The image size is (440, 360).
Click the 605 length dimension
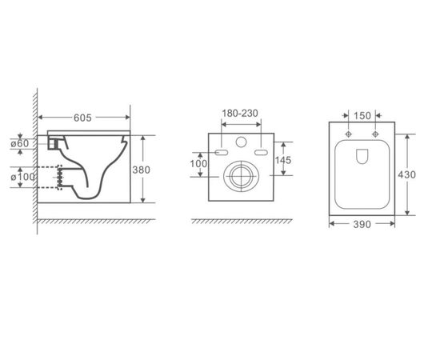82,118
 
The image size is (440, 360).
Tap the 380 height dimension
141,170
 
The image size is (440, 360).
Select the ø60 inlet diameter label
20,144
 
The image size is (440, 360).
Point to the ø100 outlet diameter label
23,177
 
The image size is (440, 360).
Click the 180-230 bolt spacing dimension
240,114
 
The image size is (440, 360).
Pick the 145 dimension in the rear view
283,160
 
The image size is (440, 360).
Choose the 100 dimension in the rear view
198,163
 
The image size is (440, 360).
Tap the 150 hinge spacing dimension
362,116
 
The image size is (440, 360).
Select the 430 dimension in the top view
406,175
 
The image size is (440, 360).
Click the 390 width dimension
362,224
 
